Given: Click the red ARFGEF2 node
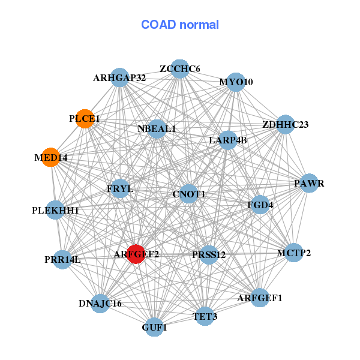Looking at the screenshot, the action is [x=136, y=254].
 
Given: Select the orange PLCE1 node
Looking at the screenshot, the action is [x=85, y=119].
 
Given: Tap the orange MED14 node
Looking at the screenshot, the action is [x=51, y=157].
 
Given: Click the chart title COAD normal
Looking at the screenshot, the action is [x=180, y=25].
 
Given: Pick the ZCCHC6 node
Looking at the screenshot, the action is [x=180, y=69].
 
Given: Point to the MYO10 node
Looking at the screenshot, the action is [x=236, y=82].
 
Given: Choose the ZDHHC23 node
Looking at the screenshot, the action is [x=285, y=124].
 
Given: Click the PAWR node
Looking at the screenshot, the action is [x=309, y=183].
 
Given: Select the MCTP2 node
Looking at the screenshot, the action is [x=294, y=253].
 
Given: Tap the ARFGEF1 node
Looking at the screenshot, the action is [x=260, y=298].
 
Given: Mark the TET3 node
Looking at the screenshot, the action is [x=205, y=316].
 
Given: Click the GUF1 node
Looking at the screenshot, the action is [x=154, y=327].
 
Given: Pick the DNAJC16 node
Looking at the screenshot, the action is [x=100, y=304].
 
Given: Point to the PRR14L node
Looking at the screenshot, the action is [x=62, y=260].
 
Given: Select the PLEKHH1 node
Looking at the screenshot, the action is [x=55, y=210].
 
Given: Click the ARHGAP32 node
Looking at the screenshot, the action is [x=119, y=77].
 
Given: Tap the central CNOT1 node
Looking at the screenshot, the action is [x=188, y=194].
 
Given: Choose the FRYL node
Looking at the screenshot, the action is [x=120, y=189].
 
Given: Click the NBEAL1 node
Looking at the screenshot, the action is [x=157, y=129].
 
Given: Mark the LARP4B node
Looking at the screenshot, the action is [x=227, y=140].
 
